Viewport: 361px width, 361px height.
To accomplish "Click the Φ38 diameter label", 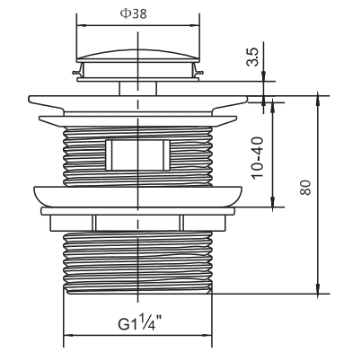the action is pos(134,13).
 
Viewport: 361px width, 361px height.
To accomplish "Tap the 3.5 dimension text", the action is pos(251,57).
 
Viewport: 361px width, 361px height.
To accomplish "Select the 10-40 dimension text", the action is pos(257,158).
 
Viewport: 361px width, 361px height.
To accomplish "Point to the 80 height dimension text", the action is pos(305,188).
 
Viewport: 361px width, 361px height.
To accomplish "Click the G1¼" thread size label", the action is pos(140,322).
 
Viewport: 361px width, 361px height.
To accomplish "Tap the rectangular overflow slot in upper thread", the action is pos(137,154).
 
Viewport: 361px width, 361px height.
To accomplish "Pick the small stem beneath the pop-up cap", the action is pos(138,89).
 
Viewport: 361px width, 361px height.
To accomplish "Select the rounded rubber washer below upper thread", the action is pos(137,197).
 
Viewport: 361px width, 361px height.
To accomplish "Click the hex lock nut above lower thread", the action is pos(137,223).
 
